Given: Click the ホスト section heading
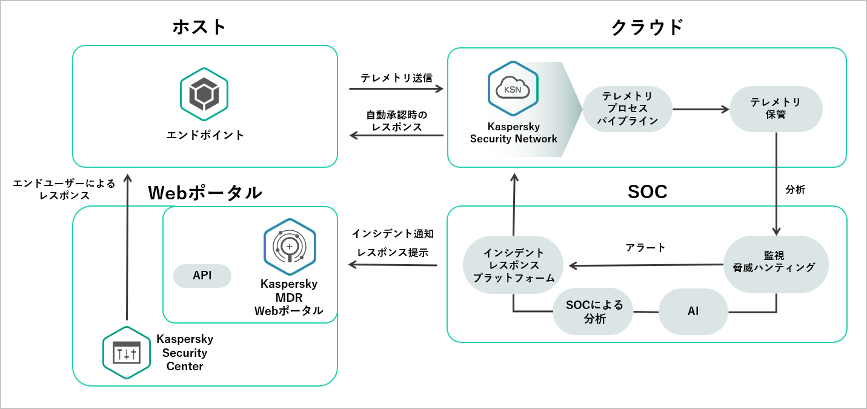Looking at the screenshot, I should (199, 27).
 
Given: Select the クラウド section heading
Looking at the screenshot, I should (646, 27).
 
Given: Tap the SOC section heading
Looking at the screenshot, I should (647, 191).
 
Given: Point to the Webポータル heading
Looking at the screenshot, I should (205, 193).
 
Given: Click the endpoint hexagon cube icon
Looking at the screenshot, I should (204, 95).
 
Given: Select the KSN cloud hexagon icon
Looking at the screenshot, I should (513, 88).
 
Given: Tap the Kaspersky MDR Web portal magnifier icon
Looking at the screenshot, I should (289, 247).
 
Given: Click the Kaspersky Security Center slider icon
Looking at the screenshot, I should (127, 353).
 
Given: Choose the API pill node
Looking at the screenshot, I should (202, 276).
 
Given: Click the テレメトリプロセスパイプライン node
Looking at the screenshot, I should (628, 108).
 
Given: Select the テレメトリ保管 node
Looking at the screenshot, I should (776, 108).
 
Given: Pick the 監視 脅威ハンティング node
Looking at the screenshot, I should (776, 264).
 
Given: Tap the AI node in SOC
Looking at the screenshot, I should (693, 311).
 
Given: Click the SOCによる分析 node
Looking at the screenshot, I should (593, 311).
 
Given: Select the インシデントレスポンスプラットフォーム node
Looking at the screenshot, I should (513, 265).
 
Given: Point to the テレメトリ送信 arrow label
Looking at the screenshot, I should (396, 78).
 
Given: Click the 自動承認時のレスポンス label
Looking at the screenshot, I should (397, 121).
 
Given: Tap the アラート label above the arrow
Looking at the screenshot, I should (645, 247).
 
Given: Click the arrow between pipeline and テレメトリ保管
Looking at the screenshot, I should (700, 109).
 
